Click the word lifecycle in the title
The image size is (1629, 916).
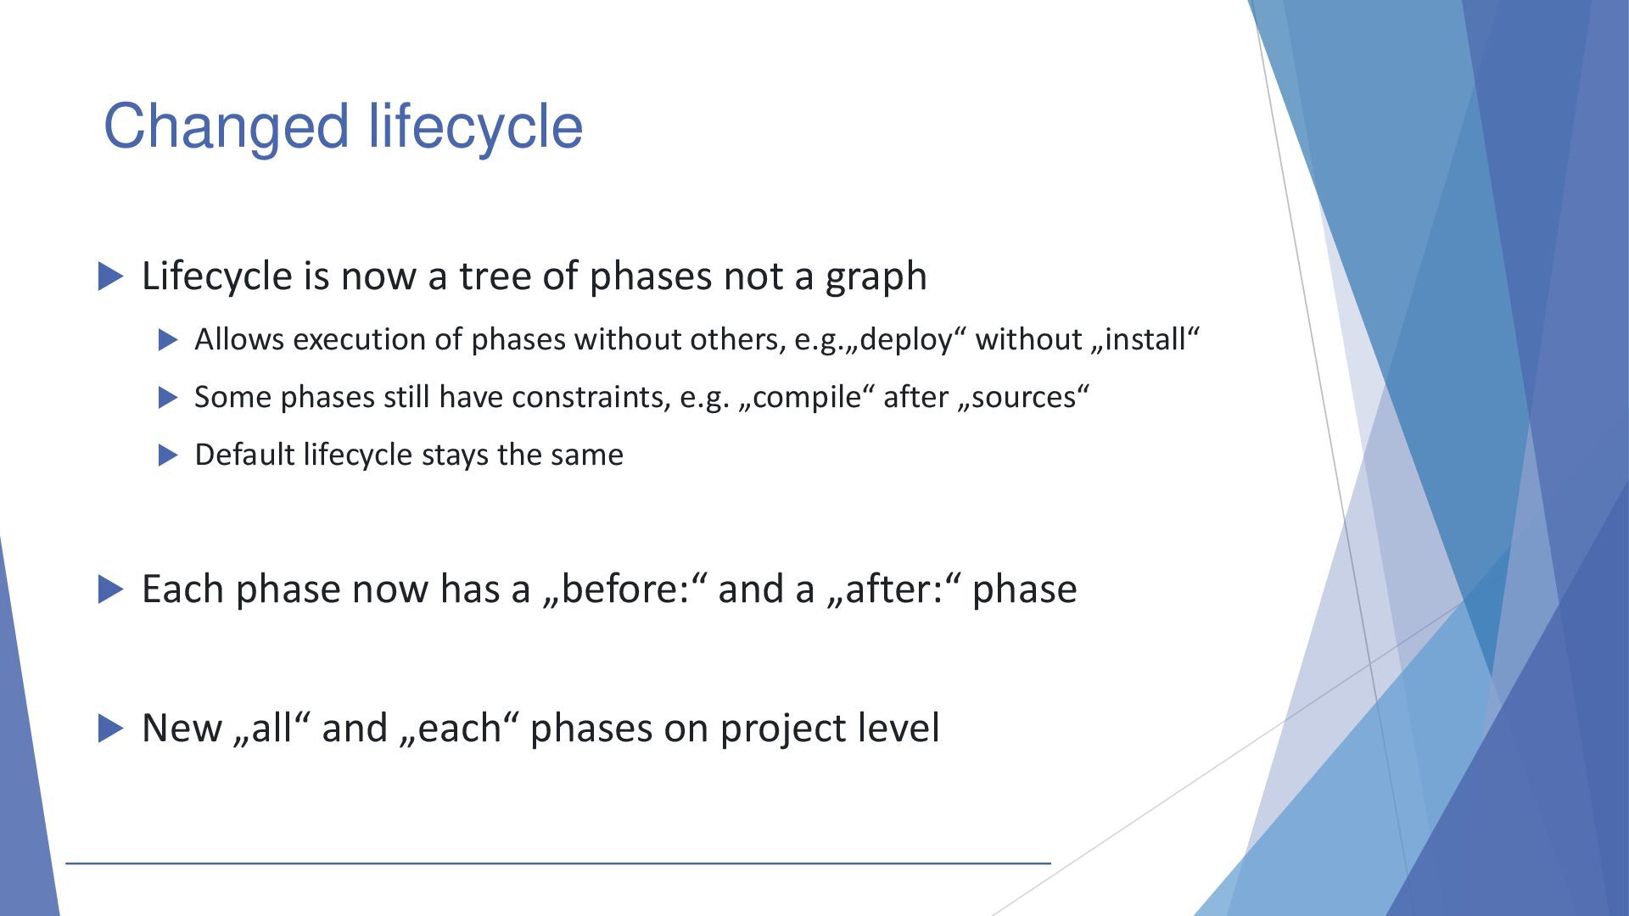[x=476, y=126]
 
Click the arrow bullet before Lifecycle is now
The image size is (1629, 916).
[x=111, y=276]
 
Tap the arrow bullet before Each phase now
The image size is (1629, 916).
[x=111, y=589]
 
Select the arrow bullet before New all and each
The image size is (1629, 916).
[x=111, y=728]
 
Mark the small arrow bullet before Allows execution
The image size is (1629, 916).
[x=169, y=340]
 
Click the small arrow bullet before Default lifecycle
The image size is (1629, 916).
[x=169, y=455]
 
